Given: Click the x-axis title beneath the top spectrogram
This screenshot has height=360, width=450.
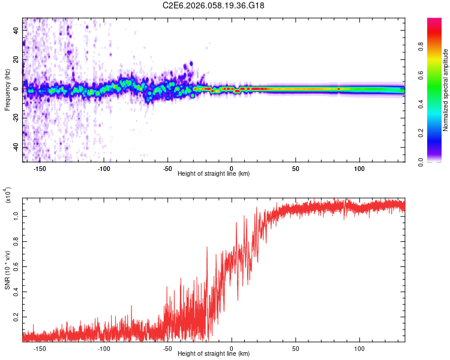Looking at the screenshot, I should point(214,173).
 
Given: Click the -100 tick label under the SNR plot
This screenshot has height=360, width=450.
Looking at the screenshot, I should point(103,349).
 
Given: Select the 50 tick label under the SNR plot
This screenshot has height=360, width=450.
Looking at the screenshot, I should point(296,349).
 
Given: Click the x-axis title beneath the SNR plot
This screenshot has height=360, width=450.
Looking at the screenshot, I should point(214,355).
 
